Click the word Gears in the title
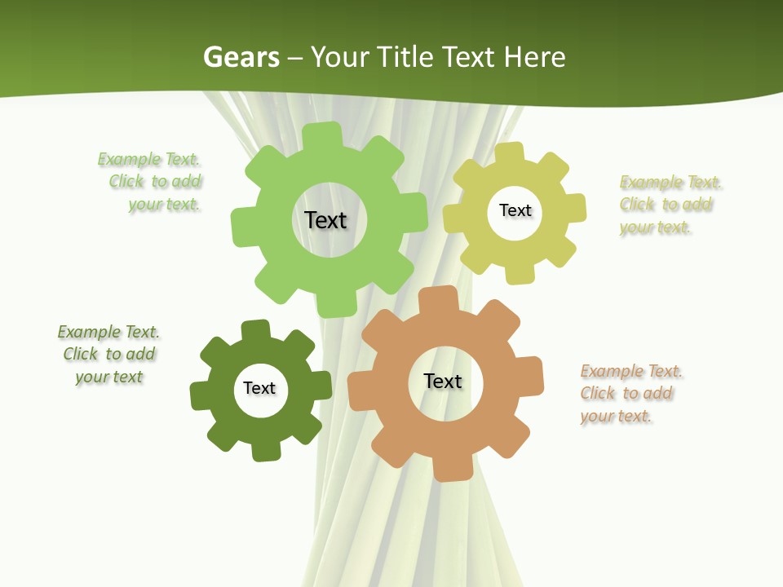241,57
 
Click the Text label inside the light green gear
325,220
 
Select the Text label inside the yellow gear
515,210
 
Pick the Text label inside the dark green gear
259,388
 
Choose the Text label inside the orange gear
443,381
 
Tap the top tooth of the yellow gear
508,152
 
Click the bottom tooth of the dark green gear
267,451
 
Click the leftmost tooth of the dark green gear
201,396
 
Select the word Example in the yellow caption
651,182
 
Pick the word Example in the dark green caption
88,332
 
